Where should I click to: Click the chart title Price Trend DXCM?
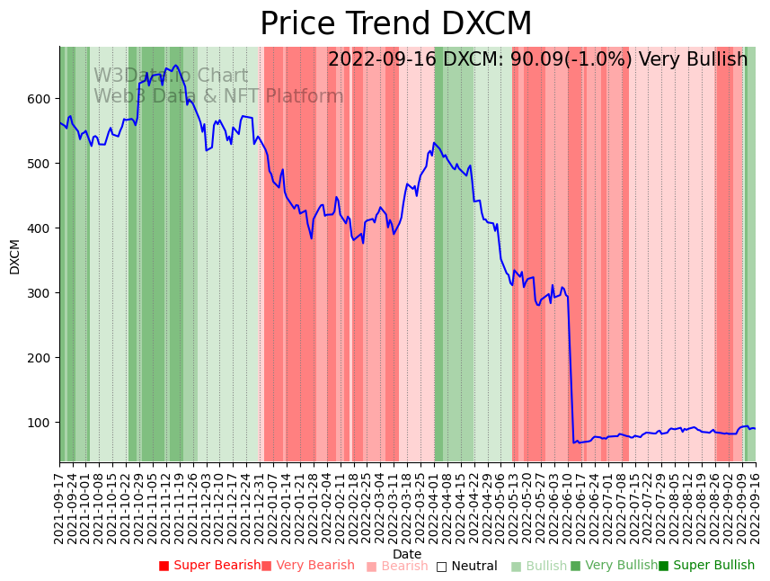[x=395, y=24]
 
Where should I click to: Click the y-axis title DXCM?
[x=15, y=256]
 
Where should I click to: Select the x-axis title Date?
[x=407, y=554]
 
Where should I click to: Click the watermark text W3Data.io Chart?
[x=171, y=76]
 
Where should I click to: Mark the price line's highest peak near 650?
[x=175, y=65]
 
